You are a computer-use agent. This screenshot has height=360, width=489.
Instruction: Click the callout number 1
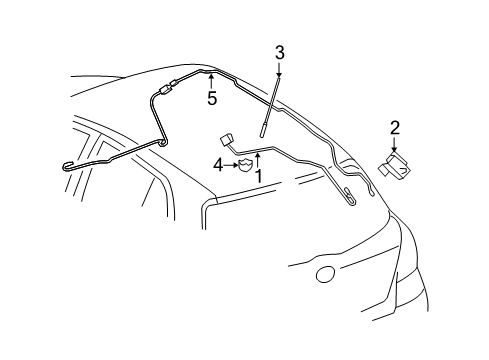point(258,176)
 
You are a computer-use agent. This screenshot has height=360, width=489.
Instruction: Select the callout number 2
point(395,128)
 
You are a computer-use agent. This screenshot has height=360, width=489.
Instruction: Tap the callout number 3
point(280,53)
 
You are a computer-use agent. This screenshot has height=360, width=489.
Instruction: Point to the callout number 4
point(218,165)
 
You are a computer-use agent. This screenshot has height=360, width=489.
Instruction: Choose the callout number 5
point(212,98)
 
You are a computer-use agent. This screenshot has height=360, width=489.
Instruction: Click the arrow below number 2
point(395,144)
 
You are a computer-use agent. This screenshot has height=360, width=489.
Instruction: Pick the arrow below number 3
point(279,70)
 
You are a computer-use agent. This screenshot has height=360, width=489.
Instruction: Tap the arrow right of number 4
point(231,165)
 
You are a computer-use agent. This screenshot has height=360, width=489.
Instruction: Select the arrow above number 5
point(211,82)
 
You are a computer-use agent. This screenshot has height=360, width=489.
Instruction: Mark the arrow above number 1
point(257,160)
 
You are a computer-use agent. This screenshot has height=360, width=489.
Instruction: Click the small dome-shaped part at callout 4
point(246,166)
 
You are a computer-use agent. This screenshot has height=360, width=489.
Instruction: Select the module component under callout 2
point(394,166)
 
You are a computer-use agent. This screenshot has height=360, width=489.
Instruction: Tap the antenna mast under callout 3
point(269,106)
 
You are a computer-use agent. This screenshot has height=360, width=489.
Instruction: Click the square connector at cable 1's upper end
point(226,139)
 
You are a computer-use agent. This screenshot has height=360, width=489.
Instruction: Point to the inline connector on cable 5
point(168,87)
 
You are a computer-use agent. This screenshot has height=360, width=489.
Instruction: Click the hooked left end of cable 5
point(67,166)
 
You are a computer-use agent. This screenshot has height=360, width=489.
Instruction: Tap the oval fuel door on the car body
point(325,275)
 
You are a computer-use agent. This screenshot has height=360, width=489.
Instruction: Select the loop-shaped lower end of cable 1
point(349,197)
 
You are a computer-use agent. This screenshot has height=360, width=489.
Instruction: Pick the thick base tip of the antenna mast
point(262,131)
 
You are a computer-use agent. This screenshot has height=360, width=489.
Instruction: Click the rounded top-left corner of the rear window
point(205,204)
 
